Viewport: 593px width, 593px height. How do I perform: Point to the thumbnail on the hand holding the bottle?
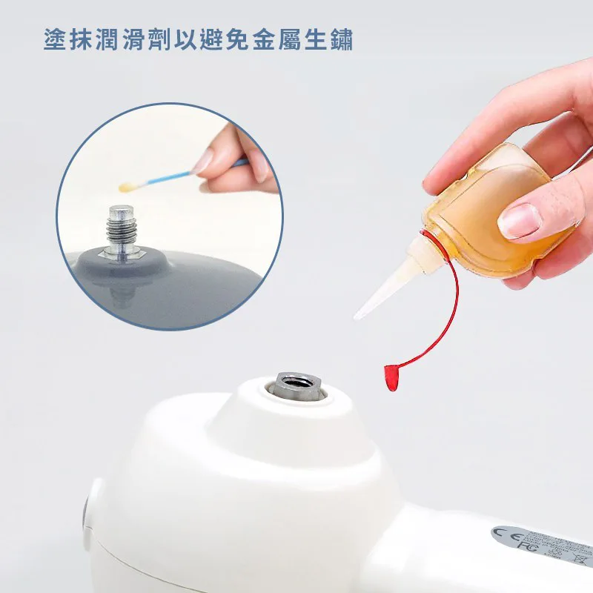(520, 221)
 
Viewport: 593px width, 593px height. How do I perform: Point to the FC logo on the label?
(528, 545)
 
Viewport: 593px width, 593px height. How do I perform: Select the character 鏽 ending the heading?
(342, 39)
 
